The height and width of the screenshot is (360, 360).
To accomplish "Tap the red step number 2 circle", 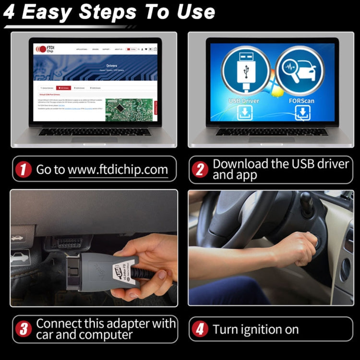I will pyautogui.click(x=201, y=169).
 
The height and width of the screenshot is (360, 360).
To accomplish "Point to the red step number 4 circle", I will pyautogui.click(x=201, y=329).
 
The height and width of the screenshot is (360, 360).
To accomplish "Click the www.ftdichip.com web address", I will pyautogui.click(x=118, y=169).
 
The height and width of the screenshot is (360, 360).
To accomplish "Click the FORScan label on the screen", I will pyautogui.click(x=302, y=101).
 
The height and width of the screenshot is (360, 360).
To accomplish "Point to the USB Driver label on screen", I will pyautogui.click(x=244, y=101).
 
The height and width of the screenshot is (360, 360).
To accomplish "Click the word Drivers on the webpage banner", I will pyautogui.click(x=111, y=66).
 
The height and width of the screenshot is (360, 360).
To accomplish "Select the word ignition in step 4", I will pyautogui.click(x=260, y=330).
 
